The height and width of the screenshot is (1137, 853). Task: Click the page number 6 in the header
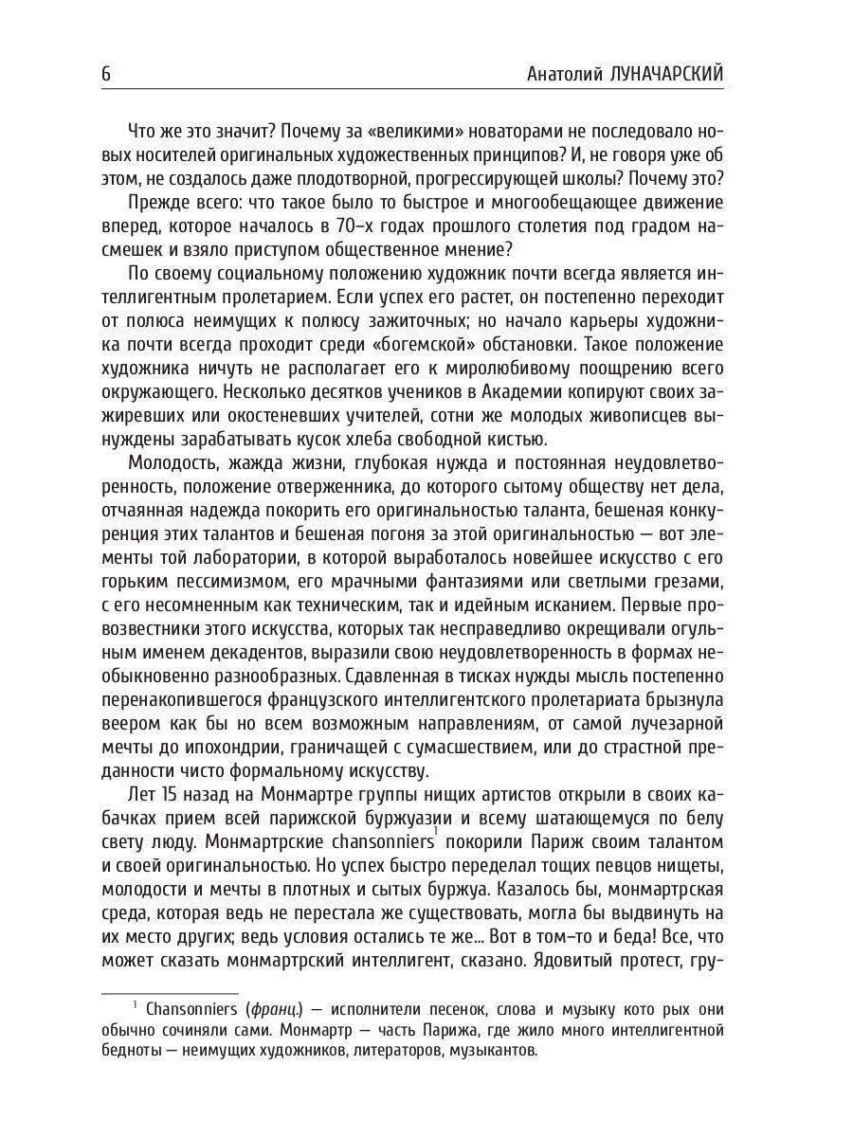[x=106, y=75]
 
